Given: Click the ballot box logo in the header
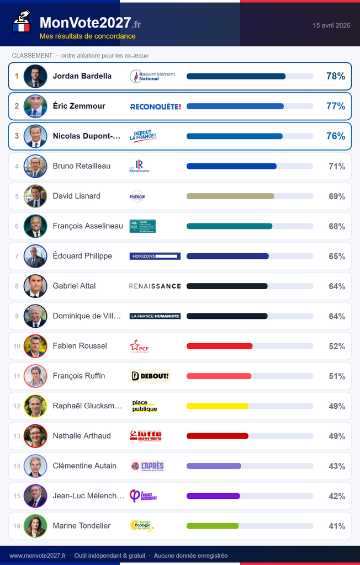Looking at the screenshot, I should [x=22, y=22].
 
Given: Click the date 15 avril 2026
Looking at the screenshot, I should [x=331, y=25].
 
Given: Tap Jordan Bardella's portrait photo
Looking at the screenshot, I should [x=35, y=76].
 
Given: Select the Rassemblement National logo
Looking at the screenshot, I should [x=152, y=76].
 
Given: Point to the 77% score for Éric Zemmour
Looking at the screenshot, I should [x=335, y=106].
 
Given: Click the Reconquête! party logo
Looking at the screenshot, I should [x=155, y=106].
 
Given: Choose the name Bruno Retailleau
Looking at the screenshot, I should [x=82, y=166].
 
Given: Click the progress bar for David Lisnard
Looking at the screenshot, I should [x=230, y=196].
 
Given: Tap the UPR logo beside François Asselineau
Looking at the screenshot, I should [x=142, y=226].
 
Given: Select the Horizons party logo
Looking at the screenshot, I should [x=155, y=256].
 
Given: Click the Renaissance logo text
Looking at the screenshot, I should [x=155, y=286].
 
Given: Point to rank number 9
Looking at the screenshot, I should [x=17, y=316].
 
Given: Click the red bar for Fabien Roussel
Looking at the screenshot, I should [x=219, y=346].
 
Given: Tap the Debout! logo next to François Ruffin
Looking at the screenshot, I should [x=150, y=376].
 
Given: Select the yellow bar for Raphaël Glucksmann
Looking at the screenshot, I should [x=217, y=406].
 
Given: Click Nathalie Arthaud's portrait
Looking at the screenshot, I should [x=35, y=436].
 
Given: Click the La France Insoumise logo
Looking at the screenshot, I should [x=143, y=496].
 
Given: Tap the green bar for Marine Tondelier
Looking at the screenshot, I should [x=213, y=526].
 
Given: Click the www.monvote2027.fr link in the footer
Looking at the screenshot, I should [x=38, y=556].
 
